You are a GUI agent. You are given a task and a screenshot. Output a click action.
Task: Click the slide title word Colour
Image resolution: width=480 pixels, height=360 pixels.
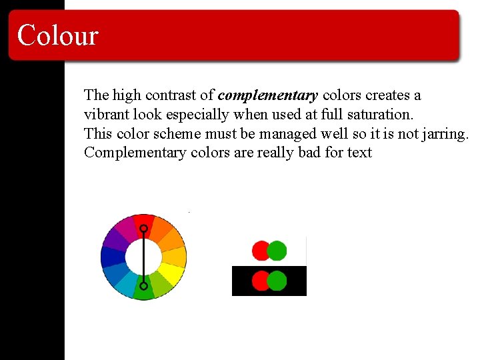click(x=58, y=35)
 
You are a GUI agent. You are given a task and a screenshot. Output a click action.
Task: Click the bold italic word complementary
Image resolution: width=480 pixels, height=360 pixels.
click(x=267, y=95)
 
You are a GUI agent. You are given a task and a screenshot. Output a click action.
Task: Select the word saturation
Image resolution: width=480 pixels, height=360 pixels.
click(x=377, y=115)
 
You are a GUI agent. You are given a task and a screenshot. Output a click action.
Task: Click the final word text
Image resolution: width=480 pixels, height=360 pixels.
click(x=359, y=153)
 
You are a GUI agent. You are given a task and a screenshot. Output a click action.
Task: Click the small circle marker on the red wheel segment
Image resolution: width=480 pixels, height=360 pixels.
click(x=143, y=229)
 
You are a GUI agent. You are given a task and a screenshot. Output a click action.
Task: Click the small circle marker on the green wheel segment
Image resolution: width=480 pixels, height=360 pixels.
click(x=143, y=286)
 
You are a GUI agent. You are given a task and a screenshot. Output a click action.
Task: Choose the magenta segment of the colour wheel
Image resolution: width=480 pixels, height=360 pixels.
click(x=126, y=227)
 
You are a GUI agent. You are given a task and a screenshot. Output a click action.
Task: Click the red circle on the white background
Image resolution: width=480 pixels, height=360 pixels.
click(x=261, y=251)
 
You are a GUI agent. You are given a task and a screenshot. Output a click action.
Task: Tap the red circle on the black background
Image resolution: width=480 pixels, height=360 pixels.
click(x=261, y=281)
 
